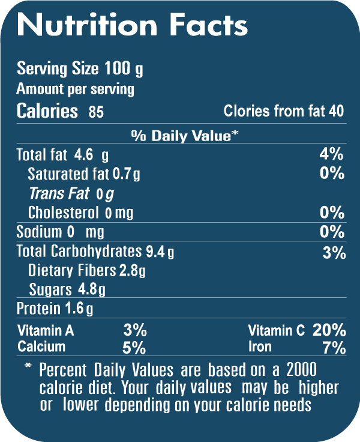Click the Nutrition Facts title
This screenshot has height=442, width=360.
pyautogui.click(x=132, y=25)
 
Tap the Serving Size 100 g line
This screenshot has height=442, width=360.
pyautogui.click(x=80, y=68)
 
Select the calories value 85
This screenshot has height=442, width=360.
pyautogui.click(x=96, y=112)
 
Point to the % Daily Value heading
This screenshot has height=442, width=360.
pyautogui.click(x=185, y=136)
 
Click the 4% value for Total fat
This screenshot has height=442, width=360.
pyautogui.click(x=331, y=154)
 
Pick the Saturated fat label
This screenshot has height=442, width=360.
pyautogui.click(x=69, y=174)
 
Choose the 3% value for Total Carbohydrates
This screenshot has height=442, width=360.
pyautogui.click(x=334, y=253)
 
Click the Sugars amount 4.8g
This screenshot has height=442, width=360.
pyautogui.click(x=92, y=290)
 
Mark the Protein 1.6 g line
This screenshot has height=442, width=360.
pyautogui.click(x=55, y=309)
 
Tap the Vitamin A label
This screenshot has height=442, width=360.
pyautogui.click(x=46, y=330)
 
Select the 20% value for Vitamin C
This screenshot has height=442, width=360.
pyautogui.click(x=329, y=330)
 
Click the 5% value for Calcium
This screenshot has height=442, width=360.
pyautogui.click(x=134, y=347)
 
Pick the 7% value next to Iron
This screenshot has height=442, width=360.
pyautogui.click(x=334, y=347)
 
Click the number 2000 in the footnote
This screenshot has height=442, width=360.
pyautogui.click(x=301, y=368)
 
